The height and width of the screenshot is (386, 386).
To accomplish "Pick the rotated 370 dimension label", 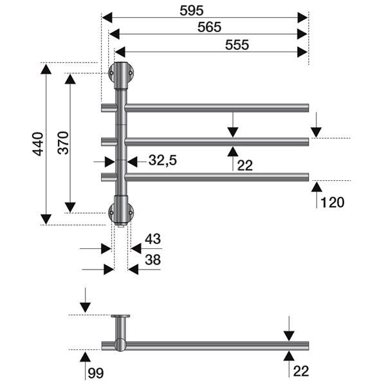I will click(x=62, y=143).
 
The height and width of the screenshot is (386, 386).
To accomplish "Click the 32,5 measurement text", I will click(x=162, y=161).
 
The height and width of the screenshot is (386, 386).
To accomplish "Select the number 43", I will click(x=152, y=239).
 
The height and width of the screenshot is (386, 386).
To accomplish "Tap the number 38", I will click(x=152, y=261).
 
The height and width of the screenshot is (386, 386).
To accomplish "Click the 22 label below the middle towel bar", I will click(x=244, y=165).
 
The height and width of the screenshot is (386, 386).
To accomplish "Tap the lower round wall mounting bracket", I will click(x=121, y=210).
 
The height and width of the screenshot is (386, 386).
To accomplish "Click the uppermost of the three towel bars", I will click(x=217, y=107).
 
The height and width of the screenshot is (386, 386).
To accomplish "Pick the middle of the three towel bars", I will click(x=217, y=142).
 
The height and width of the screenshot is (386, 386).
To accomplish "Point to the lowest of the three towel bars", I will click(x=217, y=176).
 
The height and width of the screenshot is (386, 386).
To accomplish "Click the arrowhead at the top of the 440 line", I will click(x=46, y=68).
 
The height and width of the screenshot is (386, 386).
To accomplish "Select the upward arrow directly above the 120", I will click(x=317, y=188).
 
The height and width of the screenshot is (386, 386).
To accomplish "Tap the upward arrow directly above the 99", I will click(x=84, y=354).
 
